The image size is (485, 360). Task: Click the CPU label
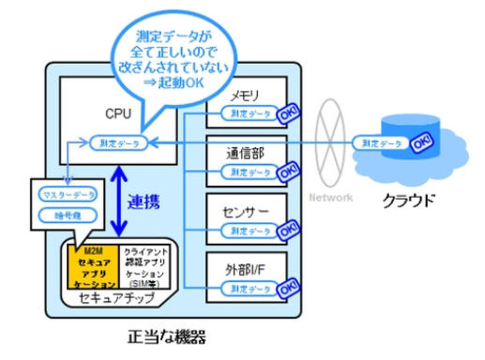pyautogui.click(x=118, y=113)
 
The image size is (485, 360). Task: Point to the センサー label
pyautogui.click(x=245, y=212)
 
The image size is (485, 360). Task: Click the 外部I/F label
pyautogui.click(x=245, y=270)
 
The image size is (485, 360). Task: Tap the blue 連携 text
pyautogui.click(x=144, y=202)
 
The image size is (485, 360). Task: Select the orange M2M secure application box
pyautogui.click(x=94, y=267)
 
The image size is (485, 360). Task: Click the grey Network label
pyautogui.click(x=331, y=198)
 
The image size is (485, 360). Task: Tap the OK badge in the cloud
pyautogui.click(x=421, y=144)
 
